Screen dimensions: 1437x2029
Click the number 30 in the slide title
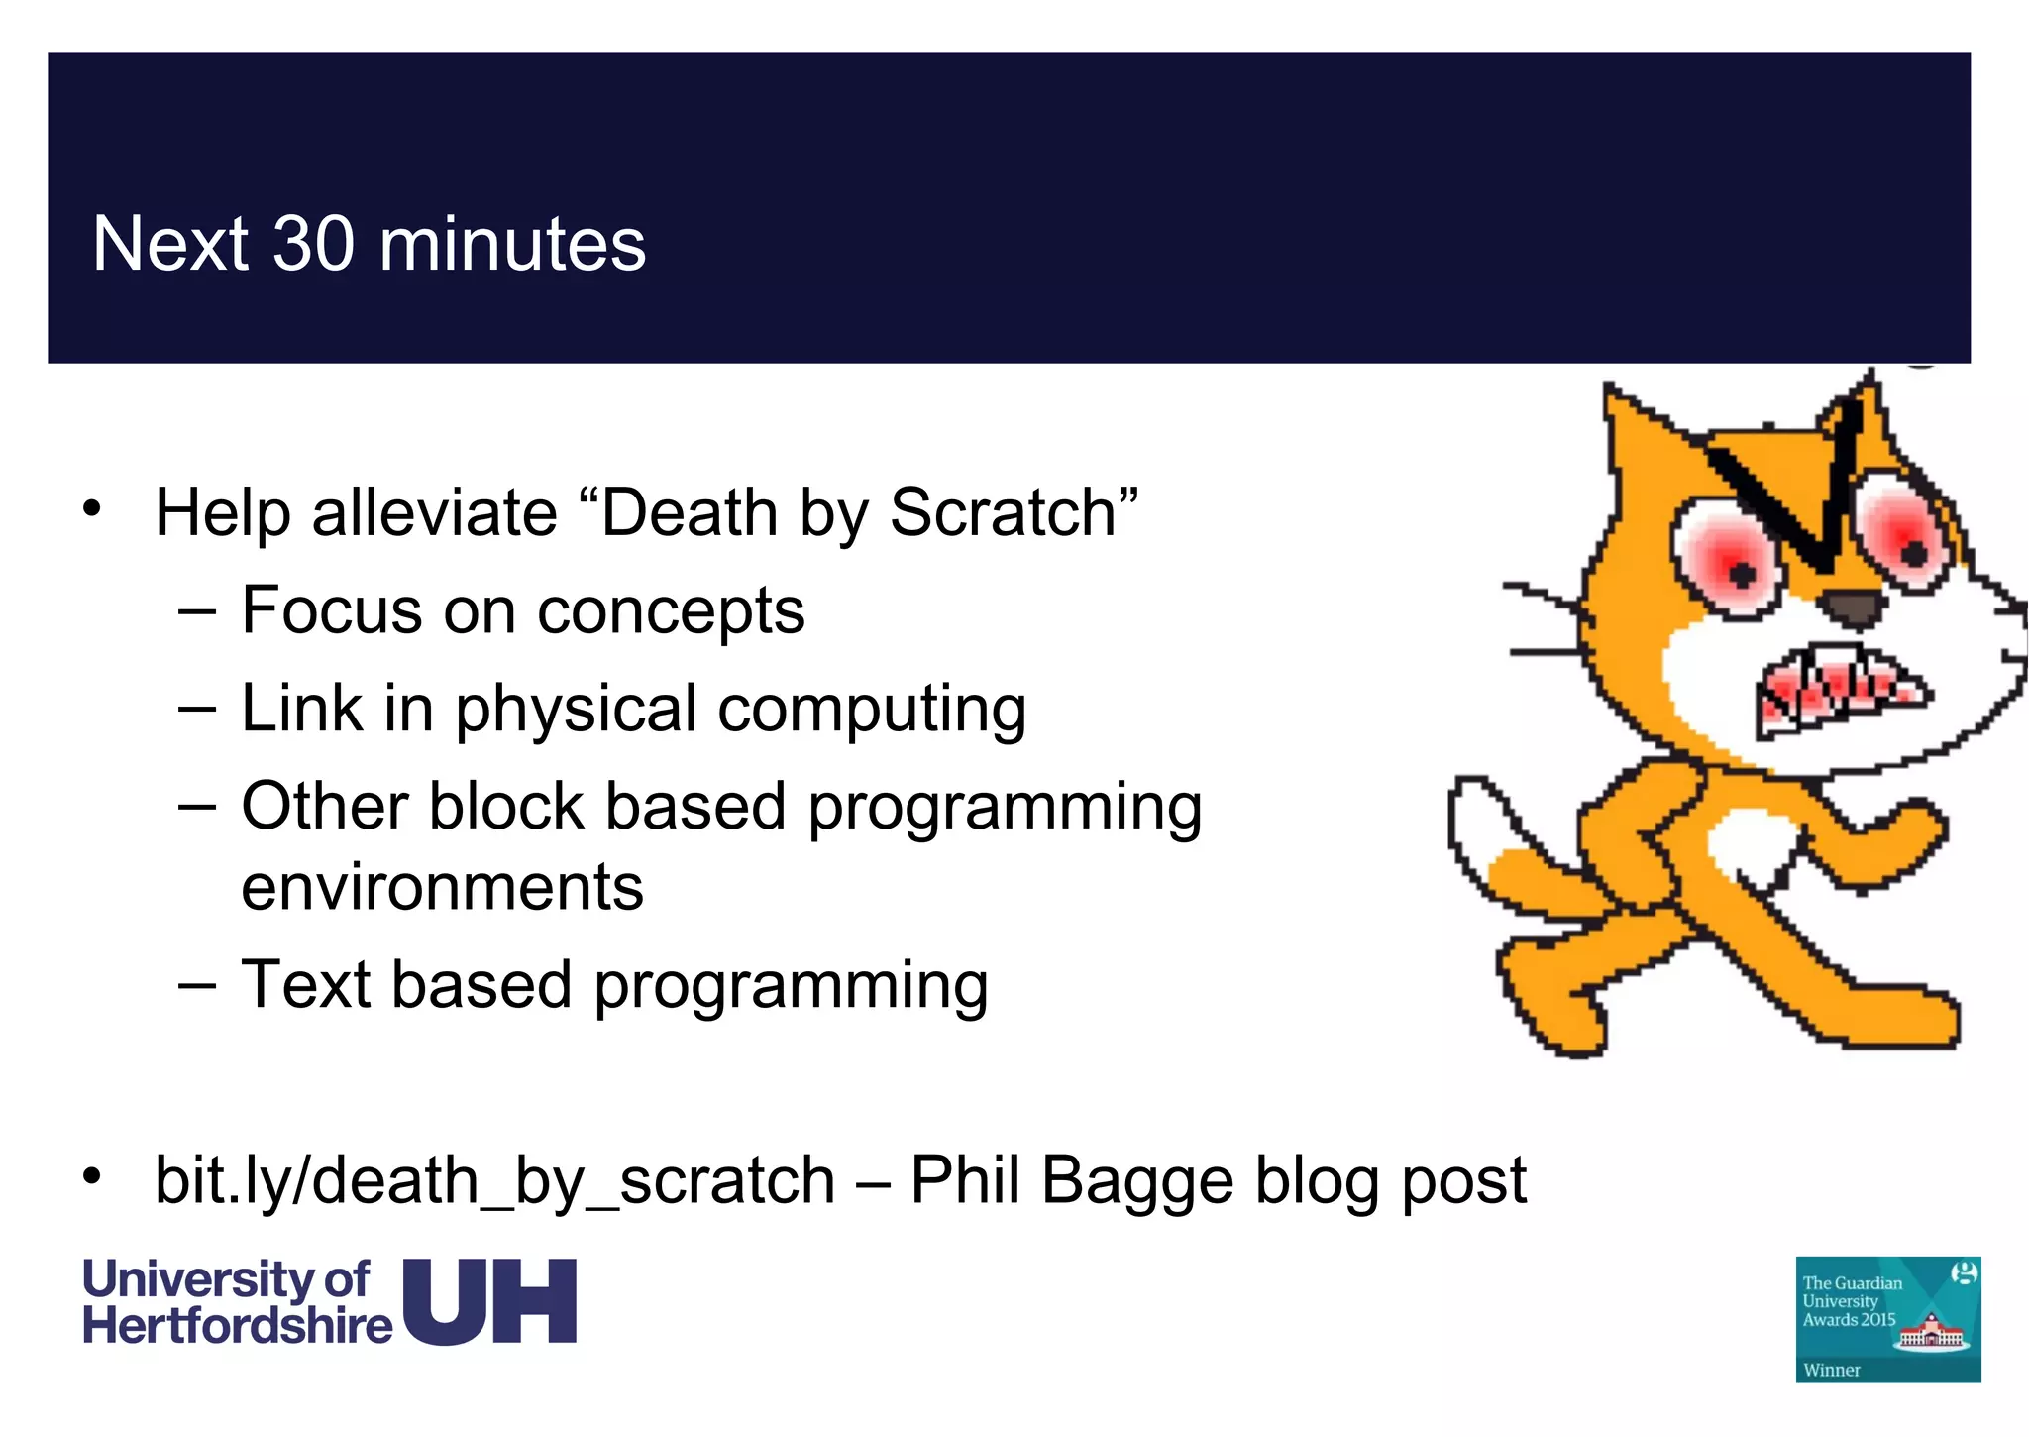point(313,244)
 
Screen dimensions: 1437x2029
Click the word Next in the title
point(169,244)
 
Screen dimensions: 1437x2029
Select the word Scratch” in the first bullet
point(1014,513)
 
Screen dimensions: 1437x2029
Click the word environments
point(442,886)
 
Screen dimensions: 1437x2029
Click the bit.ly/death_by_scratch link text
point(494,1181)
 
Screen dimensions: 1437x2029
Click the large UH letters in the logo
point(490,1302)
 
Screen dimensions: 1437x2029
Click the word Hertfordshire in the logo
point(237,1326)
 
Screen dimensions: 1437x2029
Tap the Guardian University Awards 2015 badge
point(1887,1318)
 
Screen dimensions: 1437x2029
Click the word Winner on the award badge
point(1831,1370)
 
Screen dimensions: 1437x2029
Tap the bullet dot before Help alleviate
point(92,509)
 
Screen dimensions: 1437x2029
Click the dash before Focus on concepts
point(197,612)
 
